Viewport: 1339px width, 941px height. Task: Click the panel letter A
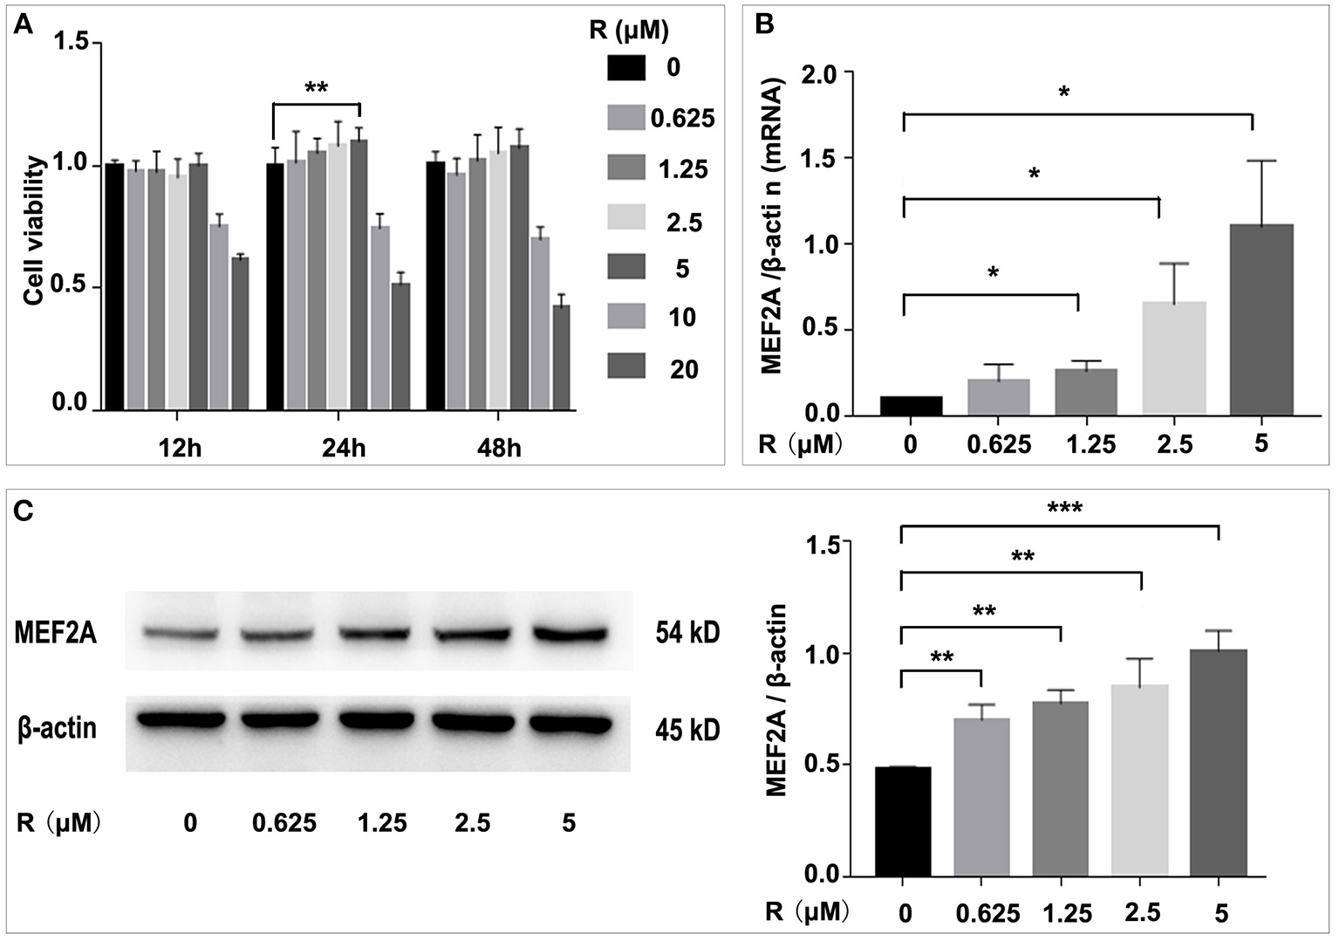click(x=24, y=25)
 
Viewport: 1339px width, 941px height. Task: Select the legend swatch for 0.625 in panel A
click(x=626, y=118)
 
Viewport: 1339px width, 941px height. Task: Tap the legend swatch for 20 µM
click(x=626, y=367)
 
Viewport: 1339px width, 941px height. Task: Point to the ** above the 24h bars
click(x=316, y=88)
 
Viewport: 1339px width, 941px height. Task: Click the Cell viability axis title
click(x=34, y=230)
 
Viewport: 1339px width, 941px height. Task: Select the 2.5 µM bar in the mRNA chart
click(x=1174, y=358)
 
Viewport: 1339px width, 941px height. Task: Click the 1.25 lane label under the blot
click(x=382, y=823)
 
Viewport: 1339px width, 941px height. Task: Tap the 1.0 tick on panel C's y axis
click(x=837, y=654)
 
